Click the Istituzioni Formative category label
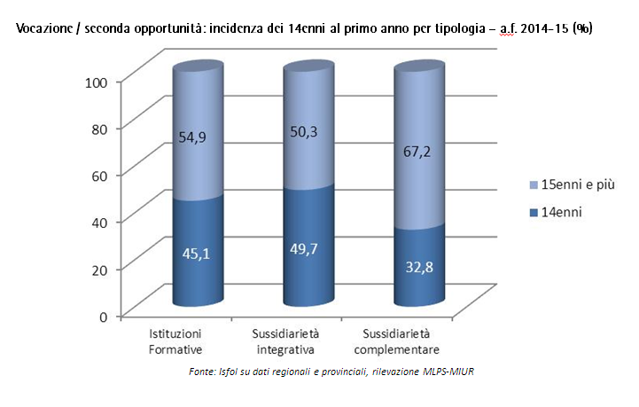tap(175, 340)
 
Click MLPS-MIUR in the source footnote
tap(447, 371)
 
